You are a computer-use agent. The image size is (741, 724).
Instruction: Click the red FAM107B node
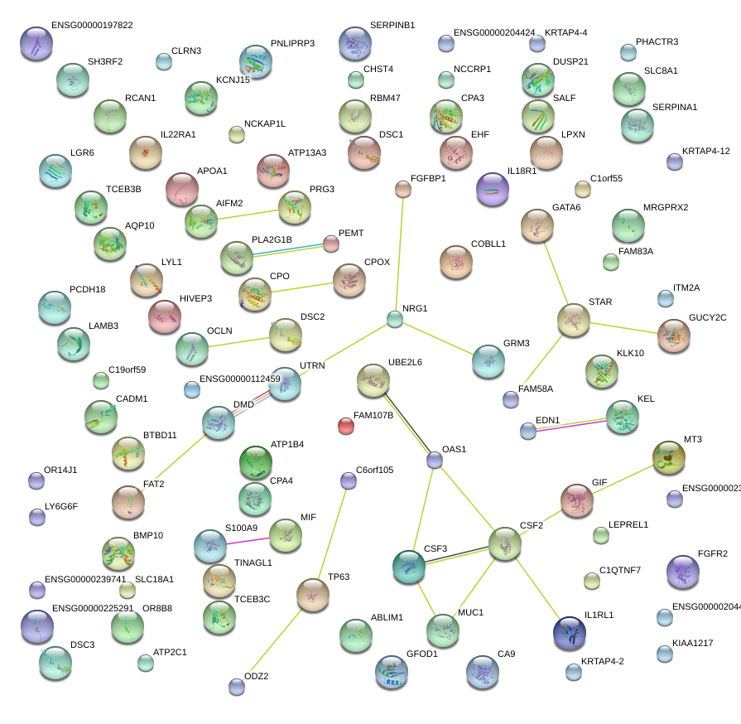pyautogui.click(x=346, y=427)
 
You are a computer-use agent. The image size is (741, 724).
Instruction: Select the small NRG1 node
pyautogui.click(x=395, y=318)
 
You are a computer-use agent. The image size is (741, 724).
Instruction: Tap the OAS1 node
pyautogui.click(x=435, y=461)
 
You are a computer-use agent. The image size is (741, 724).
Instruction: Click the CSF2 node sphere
pyautogui.click(x=504, y=543)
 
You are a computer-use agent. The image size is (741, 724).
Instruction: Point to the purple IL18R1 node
pyautogui.click(x=493, y=189)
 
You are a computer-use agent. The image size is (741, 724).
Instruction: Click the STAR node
pyautogui.click(x=573, y=320)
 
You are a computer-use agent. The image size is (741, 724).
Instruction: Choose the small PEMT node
pyautogui.click(x=331, y=244)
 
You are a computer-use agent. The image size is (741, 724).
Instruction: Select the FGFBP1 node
pyautogui.click(x=403, y=190)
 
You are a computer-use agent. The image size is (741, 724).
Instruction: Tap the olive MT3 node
pyautogui.click(x=668, y=456)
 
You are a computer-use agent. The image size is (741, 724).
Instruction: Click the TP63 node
pyautogui.click(x=312, y=595)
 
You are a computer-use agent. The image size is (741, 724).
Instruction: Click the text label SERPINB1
pyautogui.click(x=392, y=26)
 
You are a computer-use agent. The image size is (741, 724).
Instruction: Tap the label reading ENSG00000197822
pyautogui.click(x=91, y=26)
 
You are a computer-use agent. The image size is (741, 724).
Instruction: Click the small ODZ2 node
pyautogui.click(x=237, y=686)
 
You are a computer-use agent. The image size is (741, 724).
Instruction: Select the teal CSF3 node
pyautogui.click(x=408, y=566)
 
